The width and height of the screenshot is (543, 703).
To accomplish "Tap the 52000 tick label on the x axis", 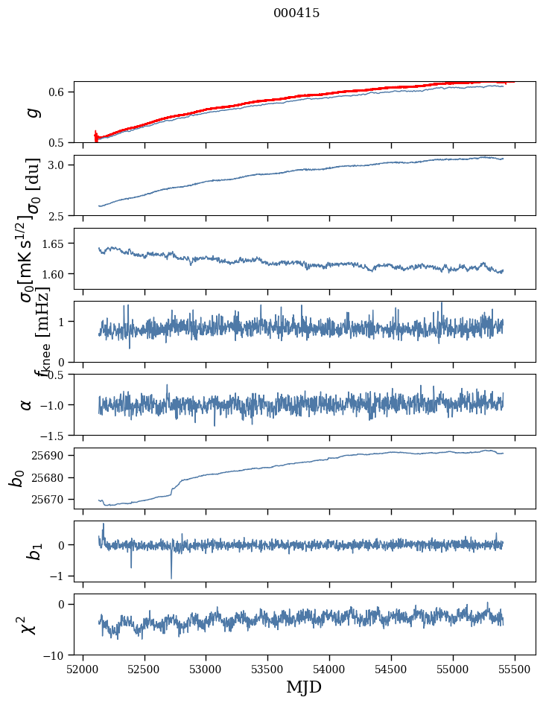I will point(83,669).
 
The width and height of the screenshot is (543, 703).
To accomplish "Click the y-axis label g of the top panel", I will point(31,112).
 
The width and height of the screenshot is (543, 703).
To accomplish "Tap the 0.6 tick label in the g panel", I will point(60,92).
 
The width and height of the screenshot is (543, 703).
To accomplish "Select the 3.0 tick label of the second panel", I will point(60,165).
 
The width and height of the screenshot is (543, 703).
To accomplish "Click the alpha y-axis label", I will point(26,404).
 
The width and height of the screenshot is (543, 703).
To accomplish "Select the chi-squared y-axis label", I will point(28,624).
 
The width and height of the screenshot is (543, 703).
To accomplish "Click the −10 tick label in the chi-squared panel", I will point(57,655).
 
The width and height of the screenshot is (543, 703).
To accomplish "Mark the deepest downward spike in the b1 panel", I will point(171,577).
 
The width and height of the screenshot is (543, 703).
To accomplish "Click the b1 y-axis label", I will point(32,551).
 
